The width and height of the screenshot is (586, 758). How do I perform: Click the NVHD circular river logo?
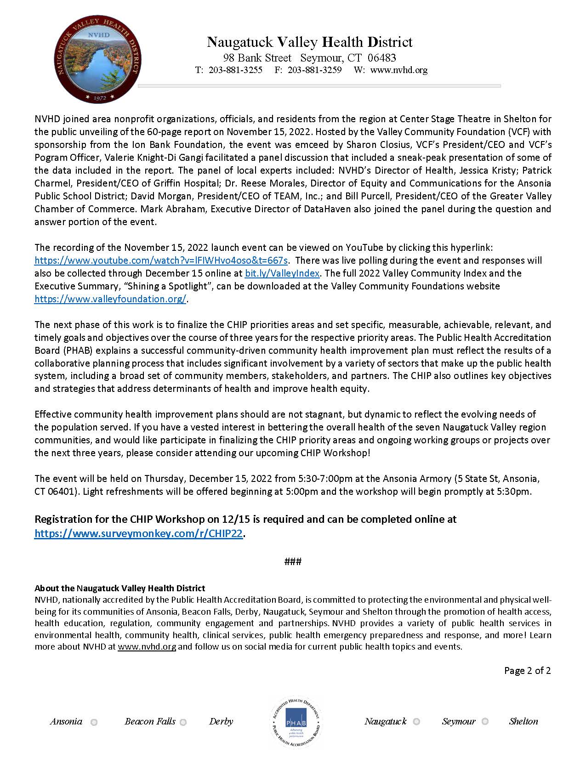click(97, 59)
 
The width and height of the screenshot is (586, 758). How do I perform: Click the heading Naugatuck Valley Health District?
click(309, 42)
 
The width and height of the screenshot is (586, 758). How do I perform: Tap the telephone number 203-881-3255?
click(235, 70)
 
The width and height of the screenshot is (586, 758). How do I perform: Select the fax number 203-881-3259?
click(314, 70)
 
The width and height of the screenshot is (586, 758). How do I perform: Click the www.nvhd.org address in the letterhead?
click(398, 70)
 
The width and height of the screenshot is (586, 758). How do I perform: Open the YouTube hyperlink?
click(161, 260)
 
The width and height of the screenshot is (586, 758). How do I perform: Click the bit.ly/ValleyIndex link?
click(282, 273)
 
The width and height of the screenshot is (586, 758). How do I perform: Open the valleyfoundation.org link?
click(110, 299)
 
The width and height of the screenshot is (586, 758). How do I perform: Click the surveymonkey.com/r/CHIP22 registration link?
click(138, 534)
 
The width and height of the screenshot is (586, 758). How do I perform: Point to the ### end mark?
click(293, 561)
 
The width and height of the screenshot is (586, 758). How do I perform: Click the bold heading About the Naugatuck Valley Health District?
click(119, 588)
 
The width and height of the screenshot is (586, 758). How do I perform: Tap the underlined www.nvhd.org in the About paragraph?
click(147, 647)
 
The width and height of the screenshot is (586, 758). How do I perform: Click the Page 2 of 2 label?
click(527, 671)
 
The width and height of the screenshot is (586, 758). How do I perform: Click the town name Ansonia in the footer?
click(66, 722)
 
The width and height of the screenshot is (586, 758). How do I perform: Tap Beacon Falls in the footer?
click(150, 722)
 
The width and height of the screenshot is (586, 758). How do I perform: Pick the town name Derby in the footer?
click(221, 722)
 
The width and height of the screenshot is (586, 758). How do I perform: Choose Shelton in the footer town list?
click(523, 722)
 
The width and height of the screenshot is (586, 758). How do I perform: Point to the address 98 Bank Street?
click(257, 58)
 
